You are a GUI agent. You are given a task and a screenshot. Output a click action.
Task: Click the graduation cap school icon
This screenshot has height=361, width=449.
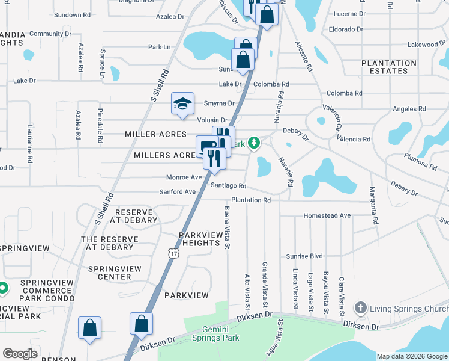click(182, 103)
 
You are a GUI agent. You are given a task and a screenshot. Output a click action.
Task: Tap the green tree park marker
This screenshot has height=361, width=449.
click(255, 143)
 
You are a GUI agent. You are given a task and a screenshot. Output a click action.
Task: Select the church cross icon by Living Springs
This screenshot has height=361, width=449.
click(360, 308)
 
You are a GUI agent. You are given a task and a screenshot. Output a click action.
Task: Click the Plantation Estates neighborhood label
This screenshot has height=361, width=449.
click(388, 67)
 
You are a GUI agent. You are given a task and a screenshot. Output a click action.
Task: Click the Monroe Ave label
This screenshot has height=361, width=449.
click(184, 177)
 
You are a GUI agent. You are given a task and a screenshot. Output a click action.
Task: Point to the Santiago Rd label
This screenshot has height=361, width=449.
click(229, 186)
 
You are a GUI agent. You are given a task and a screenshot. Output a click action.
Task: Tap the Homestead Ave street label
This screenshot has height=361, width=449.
click(327, 215)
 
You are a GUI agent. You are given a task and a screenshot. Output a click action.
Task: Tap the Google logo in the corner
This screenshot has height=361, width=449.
click(20, 354)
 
